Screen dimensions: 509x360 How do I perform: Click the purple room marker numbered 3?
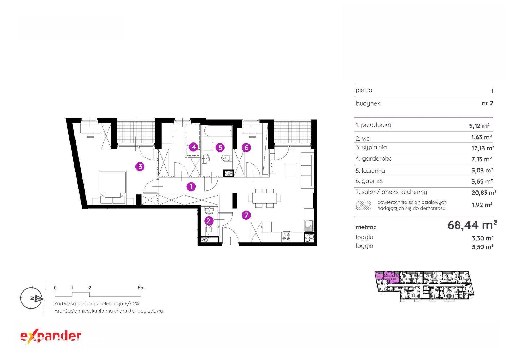tap(140, 167)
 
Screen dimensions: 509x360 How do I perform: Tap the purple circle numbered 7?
tap(247, 215)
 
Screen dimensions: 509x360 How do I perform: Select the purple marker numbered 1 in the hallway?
tap(191, 186)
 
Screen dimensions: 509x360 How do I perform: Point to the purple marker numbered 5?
tap(220, 148)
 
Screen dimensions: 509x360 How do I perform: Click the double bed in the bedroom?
tap(112, 188)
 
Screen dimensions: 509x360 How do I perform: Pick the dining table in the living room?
tap(264, 198)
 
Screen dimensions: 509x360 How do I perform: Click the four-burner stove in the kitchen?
tap(286, 237)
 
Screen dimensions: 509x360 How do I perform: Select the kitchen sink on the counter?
tap(309, 225)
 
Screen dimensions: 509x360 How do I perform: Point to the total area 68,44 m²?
tap(472, 225)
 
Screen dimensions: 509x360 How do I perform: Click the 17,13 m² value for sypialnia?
tap(482, 148)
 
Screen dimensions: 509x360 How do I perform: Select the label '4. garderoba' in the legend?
tap(374, 159)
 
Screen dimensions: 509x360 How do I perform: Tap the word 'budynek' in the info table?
tap(368, 103)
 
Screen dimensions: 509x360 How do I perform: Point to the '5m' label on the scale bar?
tap(141, 288)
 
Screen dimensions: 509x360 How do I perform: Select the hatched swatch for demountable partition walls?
tap(364, 205)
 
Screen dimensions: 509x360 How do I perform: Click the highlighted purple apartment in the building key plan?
tap(388, 277)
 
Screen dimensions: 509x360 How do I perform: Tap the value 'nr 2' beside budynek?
tap(488, 103)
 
